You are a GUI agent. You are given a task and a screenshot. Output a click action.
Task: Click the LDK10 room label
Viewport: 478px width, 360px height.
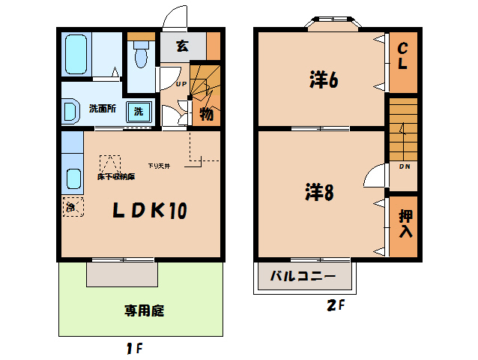tap(149, 211)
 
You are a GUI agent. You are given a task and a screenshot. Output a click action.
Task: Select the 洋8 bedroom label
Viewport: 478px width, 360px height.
tap(319, 193)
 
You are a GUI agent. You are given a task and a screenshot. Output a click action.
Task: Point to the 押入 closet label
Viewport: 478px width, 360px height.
tap(405, 223)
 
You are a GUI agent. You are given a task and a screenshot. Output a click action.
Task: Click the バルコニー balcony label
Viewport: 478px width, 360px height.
tap(303, 277)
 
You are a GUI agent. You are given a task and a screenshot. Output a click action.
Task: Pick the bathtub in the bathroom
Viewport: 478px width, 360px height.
tap(76, 53)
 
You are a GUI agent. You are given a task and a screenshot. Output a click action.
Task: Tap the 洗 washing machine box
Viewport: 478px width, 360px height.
tap(139, 112)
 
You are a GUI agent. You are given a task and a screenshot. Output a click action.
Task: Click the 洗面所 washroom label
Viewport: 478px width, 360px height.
tap(102, 108)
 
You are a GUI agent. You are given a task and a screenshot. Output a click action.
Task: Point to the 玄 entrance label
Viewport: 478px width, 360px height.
tap(182, 46)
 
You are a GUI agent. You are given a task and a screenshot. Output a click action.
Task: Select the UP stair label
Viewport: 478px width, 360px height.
tap(181, 83)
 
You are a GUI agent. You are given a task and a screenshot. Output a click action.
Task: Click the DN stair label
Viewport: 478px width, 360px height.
tap(404, 166)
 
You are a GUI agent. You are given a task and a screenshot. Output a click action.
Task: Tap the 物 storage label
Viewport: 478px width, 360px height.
tap(206, 114)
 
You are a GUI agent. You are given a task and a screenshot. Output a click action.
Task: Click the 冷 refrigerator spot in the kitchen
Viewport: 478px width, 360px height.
tap(70, 206)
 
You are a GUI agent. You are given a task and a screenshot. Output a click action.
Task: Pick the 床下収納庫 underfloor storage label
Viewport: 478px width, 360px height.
tap(116, 177)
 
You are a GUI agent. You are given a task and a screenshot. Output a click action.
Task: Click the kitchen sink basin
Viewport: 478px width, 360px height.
tap(73, 179)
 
